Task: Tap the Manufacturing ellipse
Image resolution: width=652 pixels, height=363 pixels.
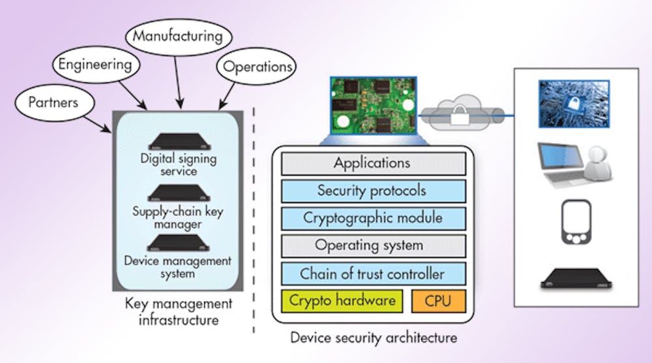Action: click(177, 35)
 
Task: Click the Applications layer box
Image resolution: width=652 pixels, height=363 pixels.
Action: click(372, 163)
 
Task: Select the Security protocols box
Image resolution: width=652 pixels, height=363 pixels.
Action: click(372, 191)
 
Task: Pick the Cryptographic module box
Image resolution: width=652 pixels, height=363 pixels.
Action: click(372, 218)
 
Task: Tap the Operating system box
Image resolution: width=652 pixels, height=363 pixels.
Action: click(372, 245)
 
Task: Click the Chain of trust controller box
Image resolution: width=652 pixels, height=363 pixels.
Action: click(372, 274)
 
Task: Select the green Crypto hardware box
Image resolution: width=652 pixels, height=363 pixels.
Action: click(342, 301)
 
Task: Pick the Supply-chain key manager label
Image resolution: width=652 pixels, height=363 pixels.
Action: click(177, 218)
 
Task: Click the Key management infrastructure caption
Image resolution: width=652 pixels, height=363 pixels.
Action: click(178, 311)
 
